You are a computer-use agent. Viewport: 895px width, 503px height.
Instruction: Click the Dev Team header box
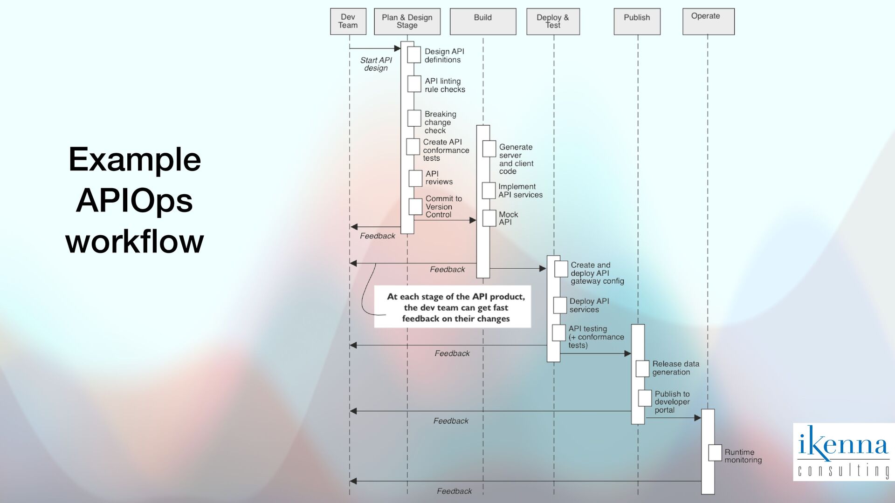point(348,21)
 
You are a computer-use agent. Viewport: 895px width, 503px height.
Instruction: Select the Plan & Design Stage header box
point(407,21)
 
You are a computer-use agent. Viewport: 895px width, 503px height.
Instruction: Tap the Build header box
point(483,21)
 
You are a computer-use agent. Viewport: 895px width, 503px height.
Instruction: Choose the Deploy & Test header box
point(553,21)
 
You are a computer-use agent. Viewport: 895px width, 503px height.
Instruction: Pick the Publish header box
point(637,21)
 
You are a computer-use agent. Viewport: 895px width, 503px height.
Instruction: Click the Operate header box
point(708,21)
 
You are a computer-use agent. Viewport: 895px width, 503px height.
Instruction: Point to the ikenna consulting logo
point(843,452)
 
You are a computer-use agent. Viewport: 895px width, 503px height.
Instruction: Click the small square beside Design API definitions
point(414,55)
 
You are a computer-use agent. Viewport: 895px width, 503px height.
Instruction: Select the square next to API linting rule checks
point(414,84)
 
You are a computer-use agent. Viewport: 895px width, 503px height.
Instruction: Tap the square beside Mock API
point(489,218)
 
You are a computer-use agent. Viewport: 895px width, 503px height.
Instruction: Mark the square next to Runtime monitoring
point(715,453)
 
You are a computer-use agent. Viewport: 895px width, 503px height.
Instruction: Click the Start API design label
point(376,64)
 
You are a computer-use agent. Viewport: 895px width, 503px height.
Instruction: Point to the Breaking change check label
point(440,122)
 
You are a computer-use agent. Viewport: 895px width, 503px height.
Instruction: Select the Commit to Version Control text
point(443,206)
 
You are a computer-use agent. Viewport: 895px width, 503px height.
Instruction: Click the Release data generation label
point(675,368)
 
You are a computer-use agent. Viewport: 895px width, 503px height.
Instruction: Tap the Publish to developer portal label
point(672,402)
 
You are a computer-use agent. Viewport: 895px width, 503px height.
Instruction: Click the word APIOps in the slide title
point(134,200)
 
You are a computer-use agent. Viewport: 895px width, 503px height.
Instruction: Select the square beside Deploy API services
point(560,306)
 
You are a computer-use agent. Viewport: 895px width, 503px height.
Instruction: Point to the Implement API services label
point(520,190)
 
